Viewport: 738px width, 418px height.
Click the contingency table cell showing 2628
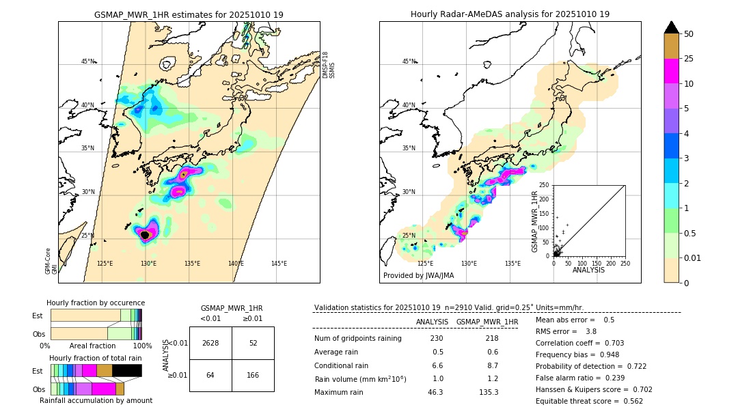pyautogui.click(x=210, y=343)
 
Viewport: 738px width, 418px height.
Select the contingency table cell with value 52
pyautogui.click(x=253, y=343)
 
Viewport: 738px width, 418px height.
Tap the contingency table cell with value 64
pyautogui.click(x=210, y=375)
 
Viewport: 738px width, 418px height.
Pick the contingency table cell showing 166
pyautogui.click(x=253, y=375)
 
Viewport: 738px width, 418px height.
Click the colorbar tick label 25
pyautogui.click(x=689, y=59)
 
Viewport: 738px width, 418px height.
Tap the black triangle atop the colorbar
pyautogui.click(x=672, y=27)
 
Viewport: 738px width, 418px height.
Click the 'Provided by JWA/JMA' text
pyautogui.click(x=418, y=275)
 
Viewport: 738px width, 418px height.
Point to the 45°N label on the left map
pyautogui.click(x=87, y=61)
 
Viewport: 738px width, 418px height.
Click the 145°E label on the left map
pyautogui.click(x=279, y=264)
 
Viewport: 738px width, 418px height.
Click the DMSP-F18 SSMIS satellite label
pyautogui.click(x=329, y=65)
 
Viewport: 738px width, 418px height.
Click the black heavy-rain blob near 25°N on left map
pyautogui.click(x=144, y=234)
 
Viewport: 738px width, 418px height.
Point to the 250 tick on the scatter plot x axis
pyautogui.click(x=625, y=263)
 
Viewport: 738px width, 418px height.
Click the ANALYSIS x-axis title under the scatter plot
pyautogui.click(x=589, y=270)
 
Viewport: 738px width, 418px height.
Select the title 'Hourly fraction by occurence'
pyautogui.click(x=96, y=303)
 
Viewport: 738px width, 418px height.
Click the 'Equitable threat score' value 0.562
pyautogui.click(x=629, y=401)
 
